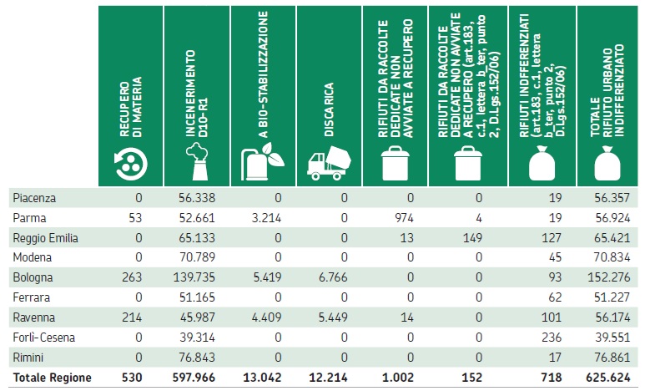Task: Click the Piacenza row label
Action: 34,197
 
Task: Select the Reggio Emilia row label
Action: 46,237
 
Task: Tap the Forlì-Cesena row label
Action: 44,338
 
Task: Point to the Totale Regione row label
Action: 52,378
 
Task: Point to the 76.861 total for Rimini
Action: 614,358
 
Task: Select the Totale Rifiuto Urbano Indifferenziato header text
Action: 602,84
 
